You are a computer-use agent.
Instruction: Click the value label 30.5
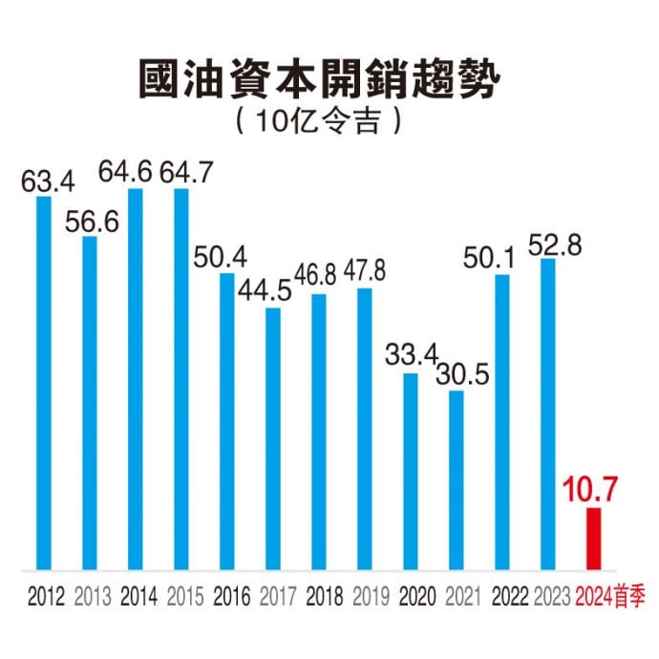pos(463,374)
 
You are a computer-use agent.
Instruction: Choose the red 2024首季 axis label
pos(611,598)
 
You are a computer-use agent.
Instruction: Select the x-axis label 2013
pos(93,598)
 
